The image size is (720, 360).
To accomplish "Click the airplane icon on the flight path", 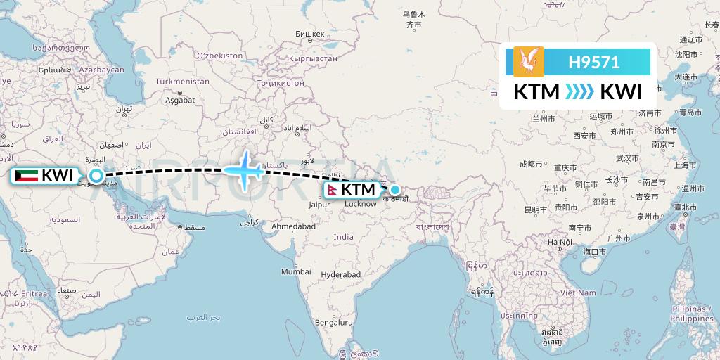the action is point(243,169).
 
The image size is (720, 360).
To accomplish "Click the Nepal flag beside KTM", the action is point(331,190).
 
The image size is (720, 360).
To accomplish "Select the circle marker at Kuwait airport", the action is point(96,175).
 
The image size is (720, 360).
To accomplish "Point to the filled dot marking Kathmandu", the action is point(395,189).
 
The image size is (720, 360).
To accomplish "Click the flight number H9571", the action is point(594,62).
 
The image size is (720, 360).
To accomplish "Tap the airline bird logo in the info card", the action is point(529,61).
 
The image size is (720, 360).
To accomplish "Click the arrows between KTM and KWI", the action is point(580,92).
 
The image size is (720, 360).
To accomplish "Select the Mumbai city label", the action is point(296,271).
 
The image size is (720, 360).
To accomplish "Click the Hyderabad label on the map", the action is point(340,274).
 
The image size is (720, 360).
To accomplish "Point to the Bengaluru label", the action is point(334,323).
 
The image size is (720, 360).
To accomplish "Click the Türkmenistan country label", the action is point(183,82).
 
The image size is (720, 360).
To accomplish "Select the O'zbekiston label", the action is point(219,55).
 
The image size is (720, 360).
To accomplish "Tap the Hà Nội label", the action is point(560,242).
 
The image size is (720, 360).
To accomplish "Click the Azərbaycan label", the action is point(101,70).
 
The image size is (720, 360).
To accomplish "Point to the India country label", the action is point(344,237).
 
